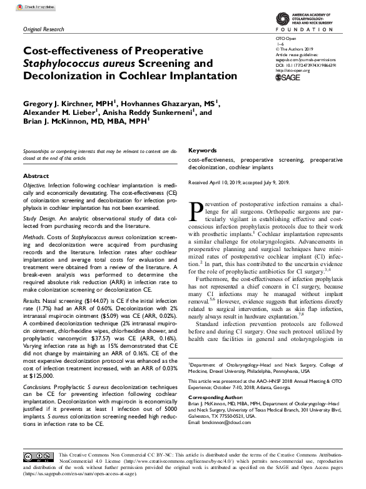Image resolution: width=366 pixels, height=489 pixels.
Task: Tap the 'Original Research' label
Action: (x=44, y=29)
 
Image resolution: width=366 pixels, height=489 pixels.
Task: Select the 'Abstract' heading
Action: (x=36, y=176)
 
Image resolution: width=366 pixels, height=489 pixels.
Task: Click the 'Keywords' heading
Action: (x=202, y=151)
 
